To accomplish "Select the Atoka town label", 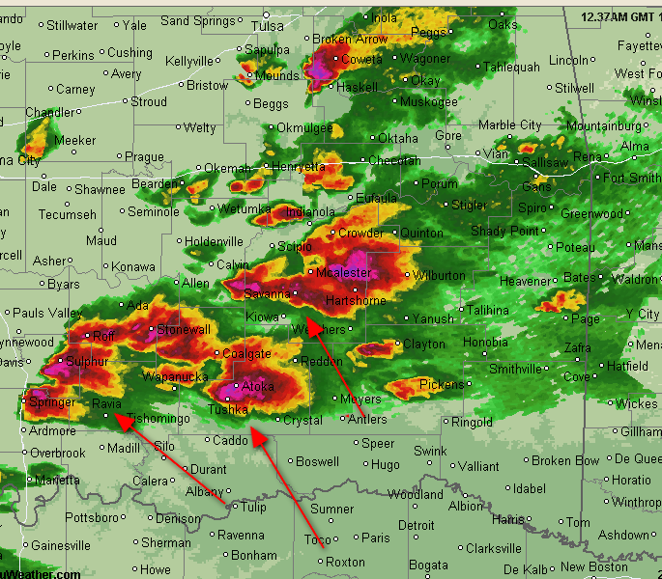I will (x=258, y=387).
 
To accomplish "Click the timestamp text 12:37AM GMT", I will (x=617, y=17).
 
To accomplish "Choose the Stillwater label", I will (x=72, y=26).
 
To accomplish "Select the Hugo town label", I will (x=386, y=465).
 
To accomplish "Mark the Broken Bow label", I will (x=552, y=461).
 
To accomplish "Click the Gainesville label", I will (x=60, y=546).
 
